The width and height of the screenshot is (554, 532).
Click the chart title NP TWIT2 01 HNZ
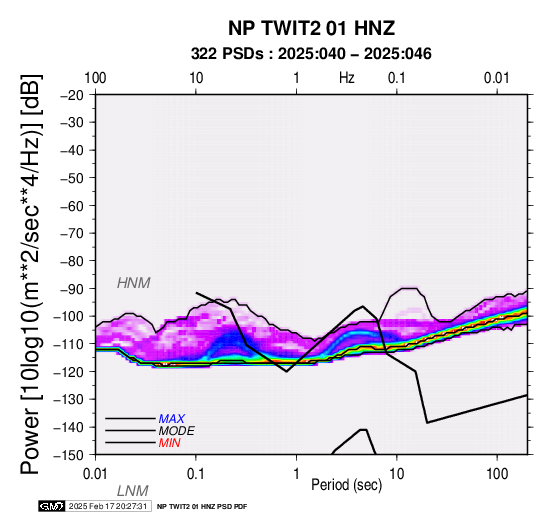tap(311, 28)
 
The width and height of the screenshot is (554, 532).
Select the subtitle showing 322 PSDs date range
tap(311, 54)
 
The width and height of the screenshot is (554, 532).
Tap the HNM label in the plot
tap(134, 283)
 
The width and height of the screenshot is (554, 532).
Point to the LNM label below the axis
tap(132, 491)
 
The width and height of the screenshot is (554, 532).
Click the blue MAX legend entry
tap(171, 419)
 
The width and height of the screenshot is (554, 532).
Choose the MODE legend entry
tap(177, 431)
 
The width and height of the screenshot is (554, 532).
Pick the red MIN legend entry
tap(169, 443)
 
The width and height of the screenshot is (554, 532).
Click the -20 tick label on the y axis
tap(72, 95)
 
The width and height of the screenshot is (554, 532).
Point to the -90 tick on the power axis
tap(72, 289)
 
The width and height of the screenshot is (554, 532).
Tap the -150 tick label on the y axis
tap(69, 455)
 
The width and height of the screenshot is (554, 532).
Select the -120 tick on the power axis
tap(69, 372)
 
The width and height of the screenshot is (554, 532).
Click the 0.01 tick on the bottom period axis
tap(95, 474)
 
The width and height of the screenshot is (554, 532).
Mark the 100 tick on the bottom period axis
tap(497, 474)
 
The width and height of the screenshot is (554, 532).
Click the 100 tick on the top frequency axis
tap(95, 78)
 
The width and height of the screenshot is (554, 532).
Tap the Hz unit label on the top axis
tap(347, 78)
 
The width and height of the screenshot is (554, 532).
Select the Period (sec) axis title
tap(347, 485)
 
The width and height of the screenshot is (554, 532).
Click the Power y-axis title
tap(31, 274)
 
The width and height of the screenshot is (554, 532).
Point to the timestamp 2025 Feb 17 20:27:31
tap(108, 506)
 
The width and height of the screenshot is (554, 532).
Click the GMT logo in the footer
tap(52, 506)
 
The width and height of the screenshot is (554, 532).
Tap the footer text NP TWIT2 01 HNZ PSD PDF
tap(202, 507)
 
